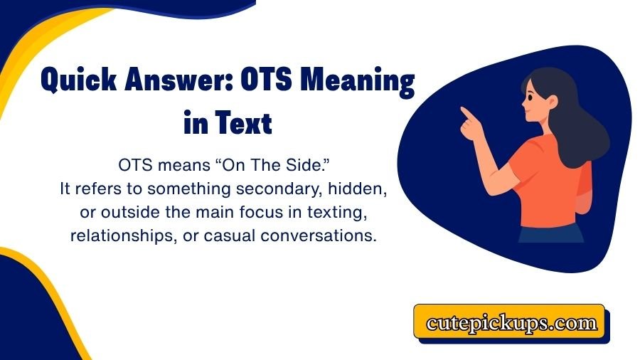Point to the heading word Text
click(246, 125)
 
